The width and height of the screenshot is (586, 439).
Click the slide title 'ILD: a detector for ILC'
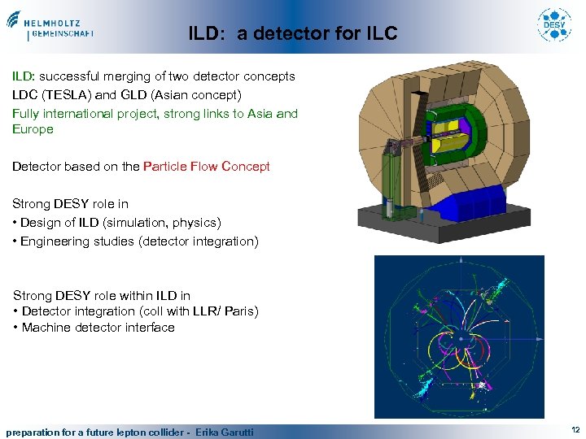point(293,33)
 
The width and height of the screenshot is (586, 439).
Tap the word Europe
point(33,128)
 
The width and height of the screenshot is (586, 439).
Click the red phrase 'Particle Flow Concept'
point(207,167)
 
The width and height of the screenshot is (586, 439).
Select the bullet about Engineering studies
point(135,241)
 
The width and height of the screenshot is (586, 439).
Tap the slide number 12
point(575,429)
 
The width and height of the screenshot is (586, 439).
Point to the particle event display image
point(459,337)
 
